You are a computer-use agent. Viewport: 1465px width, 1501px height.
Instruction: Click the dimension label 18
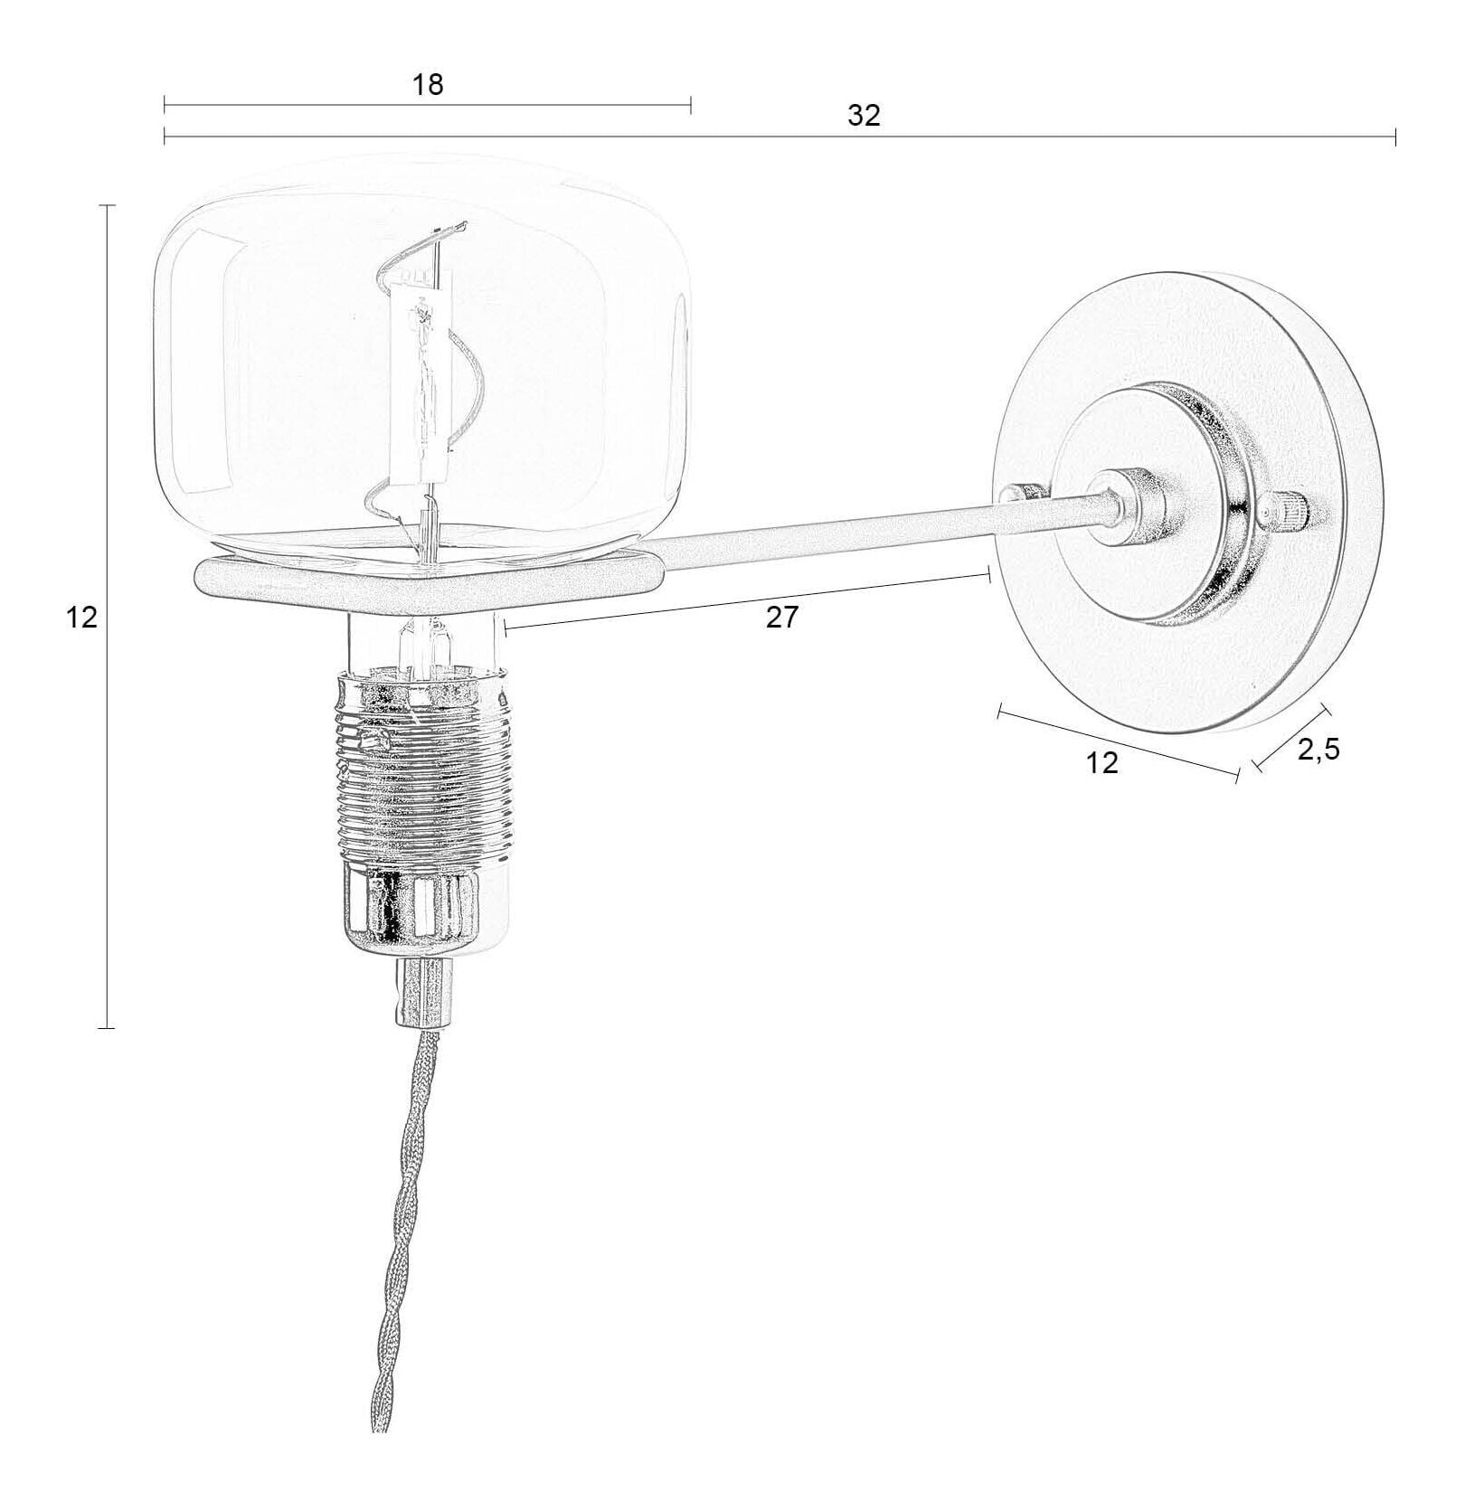pyautogui.click(x=428, y=84)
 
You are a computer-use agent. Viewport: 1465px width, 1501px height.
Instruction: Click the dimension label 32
pyautogui.click(x=864, y=116)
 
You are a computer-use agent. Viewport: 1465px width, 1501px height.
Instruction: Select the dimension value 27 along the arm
pyautogui.click(x=782, y=618)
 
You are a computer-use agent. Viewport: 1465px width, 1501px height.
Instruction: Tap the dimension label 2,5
pyautogui.click(x=1318, y=749)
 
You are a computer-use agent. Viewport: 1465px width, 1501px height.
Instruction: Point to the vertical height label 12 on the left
pyautogui.click(x=81, y=618)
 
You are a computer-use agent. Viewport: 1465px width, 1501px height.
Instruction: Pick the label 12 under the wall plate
pyautogui.click(x=1101, y=762)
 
